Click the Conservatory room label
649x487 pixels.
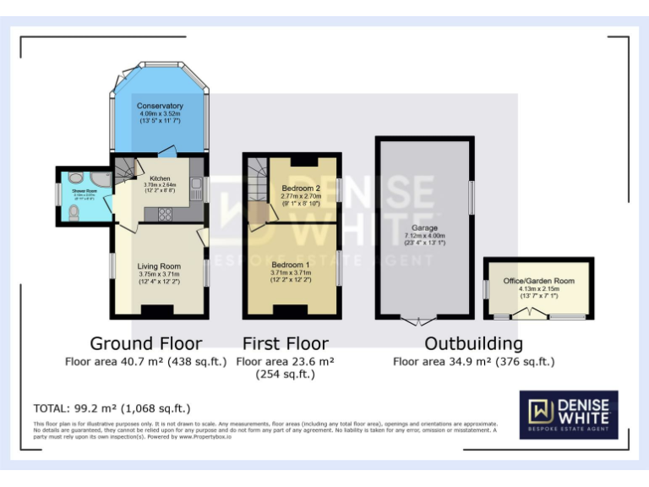[160, 106]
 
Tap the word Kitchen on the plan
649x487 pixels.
[160, 179]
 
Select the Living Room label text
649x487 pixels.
[159, 266]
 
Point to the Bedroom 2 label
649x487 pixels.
[301, 187]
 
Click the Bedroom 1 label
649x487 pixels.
[291, 265]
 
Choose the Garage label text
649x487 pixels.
[424, 227]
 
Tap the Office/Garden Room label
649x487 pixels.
[538, 281]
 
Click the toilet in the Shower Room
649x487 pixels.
[74, 215]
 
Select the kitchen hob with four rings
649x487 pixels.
[164, 214]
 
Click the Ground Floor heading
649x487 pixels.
[146, 343]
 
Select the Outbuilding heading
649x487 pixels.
[473, 343]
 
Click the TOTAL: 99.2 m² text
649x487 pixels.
[112, 408]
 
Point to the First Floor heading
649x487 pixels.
[285, 343]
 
